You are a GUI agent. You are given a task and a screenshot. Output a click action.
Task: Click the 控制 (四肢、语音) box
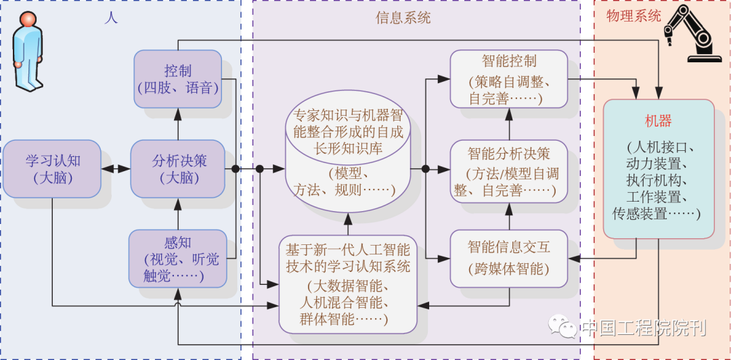pos(178,78)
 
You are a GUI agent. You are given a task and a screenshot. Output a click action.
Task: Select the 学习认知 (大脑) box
pos(53,168)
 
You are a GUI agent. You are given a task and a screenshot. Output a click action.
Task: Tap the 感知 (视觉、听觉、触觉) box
pos(177,258)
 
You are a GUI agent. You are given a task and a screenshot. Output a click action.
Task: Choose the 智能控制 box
pos(509,78)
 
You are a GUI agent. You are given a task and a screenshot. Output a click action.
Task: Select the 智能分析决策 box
pos(509,171)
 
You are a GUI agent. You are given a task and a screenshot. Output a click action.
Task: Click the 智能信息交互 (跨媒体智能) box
pos(509,256)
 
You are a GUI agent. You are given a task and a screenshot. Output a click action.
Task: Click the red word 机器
pos(658,121)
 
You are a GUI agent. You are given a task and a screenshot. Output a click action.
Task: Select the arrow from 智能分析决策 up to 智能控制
pos(509,124)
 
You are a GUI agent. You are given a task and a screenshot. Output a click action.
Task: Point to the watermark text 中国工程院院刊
pos(643,328)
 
